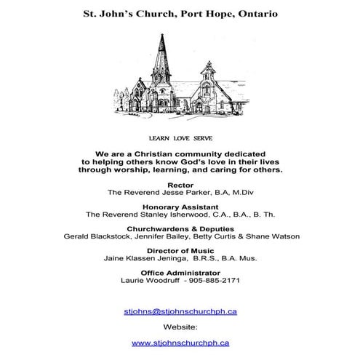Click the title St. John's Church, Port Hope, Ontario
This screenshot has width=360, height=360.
point(180,13)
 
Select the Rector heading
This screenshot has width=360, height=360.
point(180,185)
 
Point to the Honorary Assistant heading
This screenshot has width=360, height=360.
point(180,207)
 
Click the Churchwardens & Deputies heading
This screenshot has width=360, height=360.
point(180,228)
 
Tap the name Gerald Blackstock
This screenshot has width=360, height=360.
point(96,236)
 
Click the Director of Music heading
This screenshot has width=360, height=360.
point(180,250)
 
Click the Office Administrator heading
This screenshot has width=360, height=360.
point(180,272)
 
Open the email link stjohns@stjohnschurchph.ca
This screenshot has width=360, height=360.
point(180,312)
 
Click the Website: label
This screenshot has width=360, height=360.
point(180,327)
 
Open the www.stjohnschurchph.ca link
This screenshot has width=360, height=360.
point(180,343)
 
